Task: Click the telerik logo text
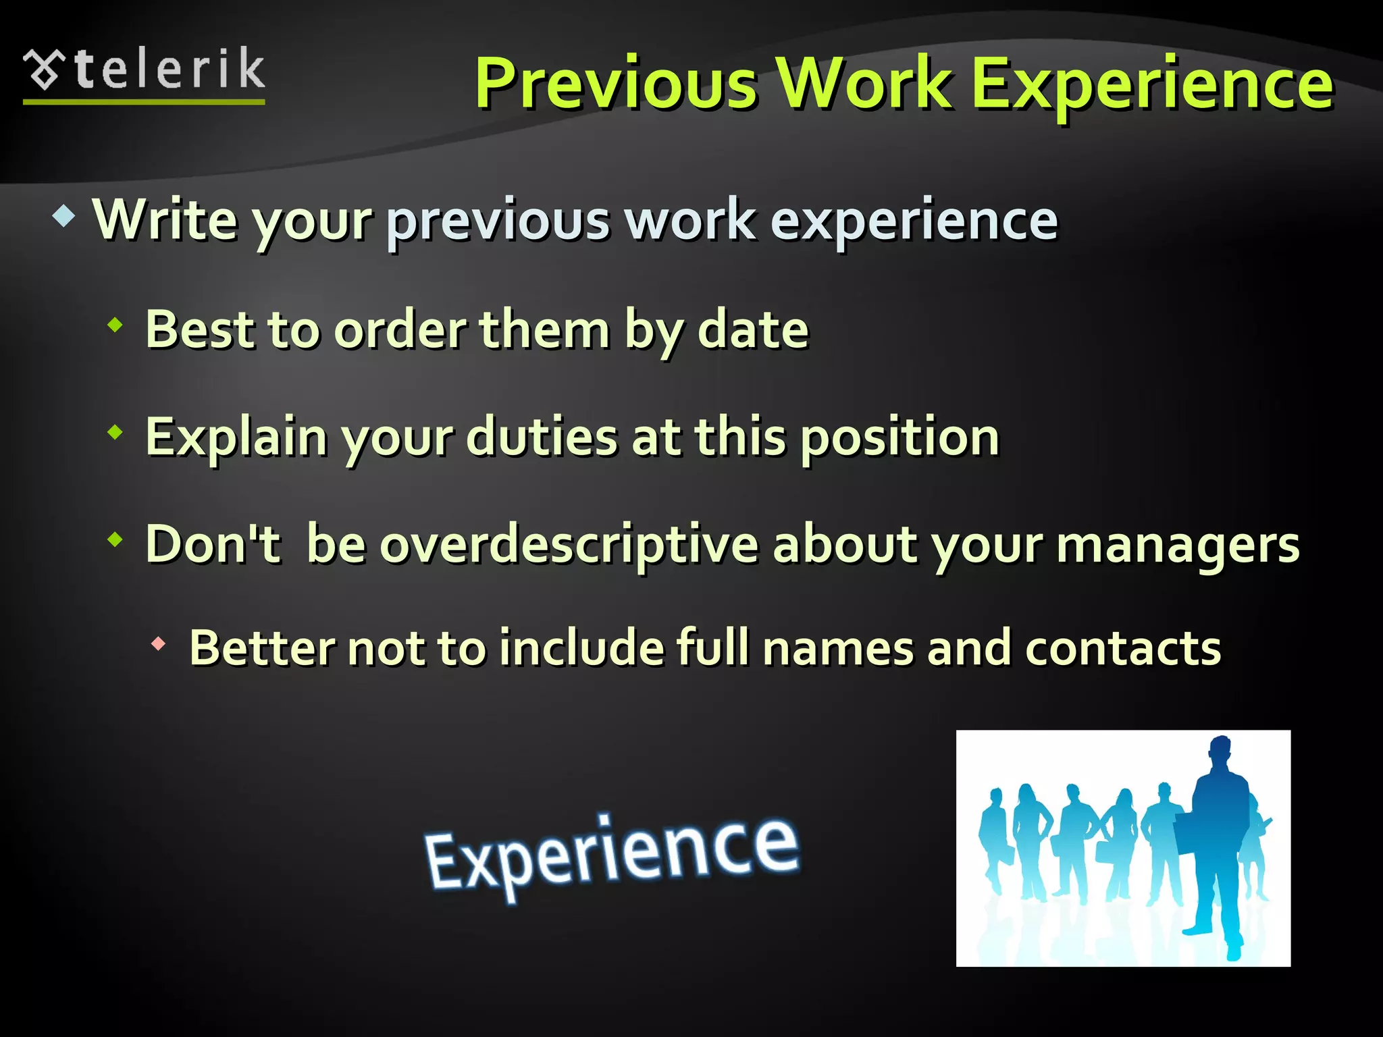tap(169, 70)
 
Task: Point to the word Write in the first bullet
tap(165, 219)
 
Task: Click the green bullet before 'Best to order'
tap(115, 325)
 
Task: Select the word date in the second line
tap(752, 329)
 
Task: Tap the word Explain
tap(236, 437)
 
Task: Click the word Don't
tap(212, 543)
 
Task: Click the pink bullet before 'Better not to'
tap(158, 644)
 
